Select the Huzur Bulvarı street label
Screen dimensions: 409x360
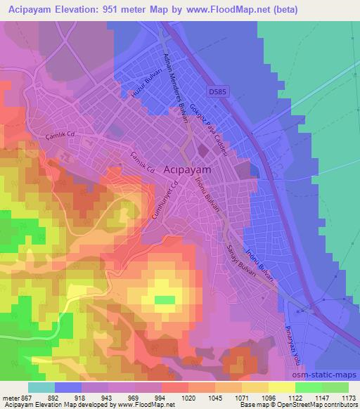pos(143,83)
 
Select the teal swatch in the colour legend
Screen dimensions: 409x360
pos(41,387)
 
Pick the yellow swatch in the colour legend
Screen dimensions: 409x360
pos(281,387)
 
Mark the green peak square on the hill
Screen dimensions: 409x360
pos(165,300)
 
